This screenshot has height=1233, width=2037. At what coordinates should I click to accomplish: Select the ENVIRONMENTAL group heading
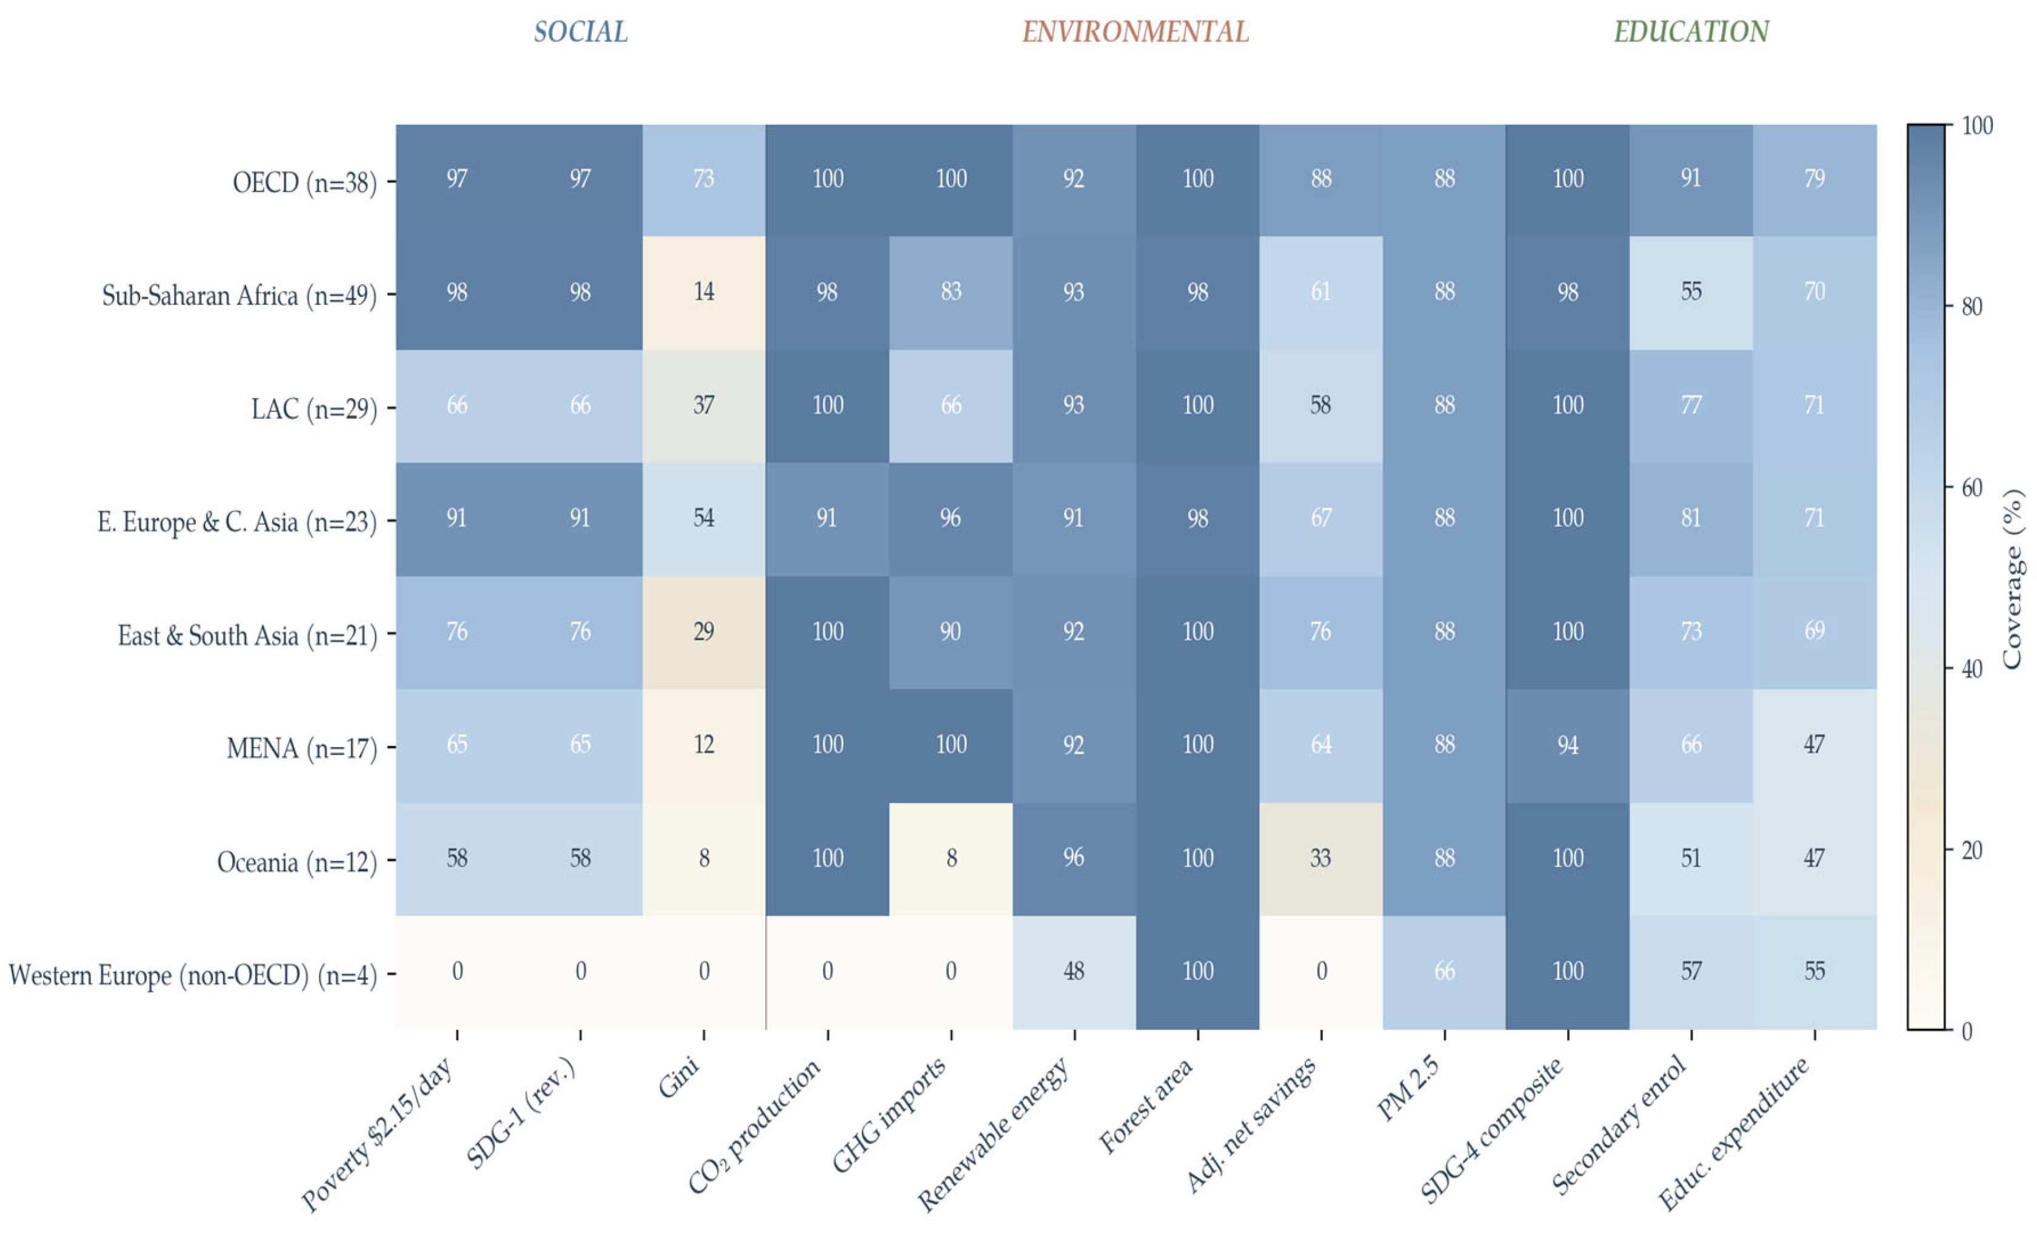[1135, 32]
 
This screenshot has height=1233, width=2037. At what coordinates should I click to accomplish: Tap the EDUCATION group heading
[1691, 32]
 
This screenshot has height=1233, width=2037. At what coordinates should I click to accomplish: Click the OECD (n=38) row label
[304, 182]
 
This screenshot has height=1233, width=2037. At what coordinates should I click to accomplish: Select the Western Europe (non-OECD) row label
[193, 975]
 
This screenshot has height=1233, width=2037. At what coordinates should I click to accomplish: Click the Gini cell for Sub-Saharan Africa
[703, 293]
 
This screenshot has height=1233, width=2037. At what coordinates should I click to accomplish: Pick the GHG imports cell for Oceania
[951, 859]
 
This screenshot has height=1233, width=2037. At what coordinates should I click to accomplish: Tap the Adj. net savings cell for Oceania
[1321, 859]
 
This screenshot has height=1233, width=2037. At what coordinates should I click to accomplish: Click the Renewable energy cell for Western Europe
[1074, 972]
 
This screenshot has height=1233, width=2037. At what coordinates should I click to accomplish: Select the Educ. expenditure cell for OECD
[1815, 179]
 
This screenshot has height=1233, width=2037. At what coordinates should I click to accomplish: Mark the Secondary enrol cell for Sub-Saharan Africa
[1691, 293]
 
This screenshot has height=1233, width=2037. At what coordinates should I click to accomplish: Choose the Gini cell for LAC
[703, 406]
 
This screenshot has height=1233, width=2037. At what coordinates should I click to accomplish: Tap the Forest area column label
[1145, 1105]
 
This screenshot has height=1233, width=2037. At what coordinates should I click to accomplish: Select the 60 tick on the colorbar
[1972, 488]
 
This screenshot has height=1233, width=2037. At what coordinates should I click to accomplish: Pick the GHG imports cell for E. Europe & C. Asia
[951, 519]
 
